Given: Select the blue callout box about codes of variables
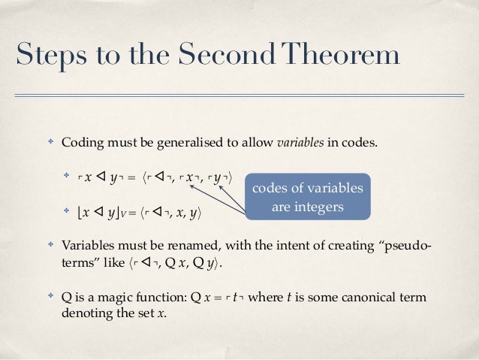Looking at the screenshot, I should coord(307,196).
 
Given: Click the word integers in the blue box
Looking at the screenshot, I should coord(318,205).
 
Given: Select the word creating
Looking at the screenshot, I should coord(342,247).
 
